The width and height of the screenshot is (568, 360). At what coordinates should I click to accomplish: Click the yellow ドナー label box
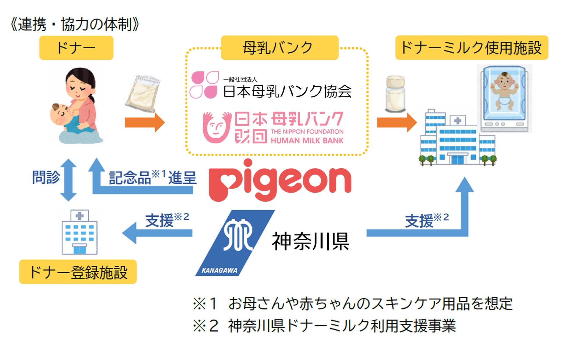(76, 48)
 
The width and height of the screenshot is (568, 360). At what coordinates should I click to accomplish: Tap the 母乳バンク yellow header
(280, 48)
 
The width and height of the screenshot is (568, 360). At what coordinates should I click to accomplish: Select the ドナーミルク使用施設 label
(472, 48)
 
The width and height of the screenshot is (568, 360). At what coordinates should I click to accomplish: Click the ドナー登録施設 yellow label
(78, 272)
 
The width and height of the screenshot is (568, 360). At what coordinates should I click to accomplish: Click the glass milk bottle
(395, 94)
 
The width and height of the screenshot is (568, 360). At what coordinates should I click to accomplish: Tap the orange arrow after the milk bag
(145, 122)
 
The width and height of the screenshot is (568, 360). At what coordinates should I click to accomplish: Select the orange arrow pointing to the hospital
(397, 122)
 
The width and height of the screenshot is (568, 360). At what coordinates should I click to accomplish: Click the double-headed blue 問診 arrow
(68, 180)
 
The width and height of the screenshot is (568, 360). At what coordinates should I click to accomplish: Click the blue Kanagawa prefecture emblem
(234, 243)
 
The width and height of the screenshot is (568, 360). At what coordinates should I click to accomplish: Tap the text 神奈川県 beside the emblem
(311, 241)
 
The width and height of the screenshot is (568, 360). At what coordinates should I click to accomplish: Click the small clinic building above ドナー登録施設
(80, 232)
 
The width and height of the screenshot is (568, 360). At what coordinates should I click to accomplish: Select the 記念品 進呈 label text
(153, 177)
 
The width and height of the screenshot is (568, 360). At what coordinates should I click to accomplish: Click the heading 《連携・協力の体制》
(75, 24)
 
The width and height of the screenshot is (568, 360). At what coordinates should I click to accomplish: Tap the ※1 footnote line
(352, 303)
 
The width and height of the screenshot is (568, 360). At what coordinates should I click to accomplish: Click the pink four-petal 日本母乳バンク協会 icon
(204, 85)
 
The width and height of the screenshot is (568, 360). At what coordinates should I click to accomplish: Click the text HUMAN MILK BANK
(307, 141)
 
